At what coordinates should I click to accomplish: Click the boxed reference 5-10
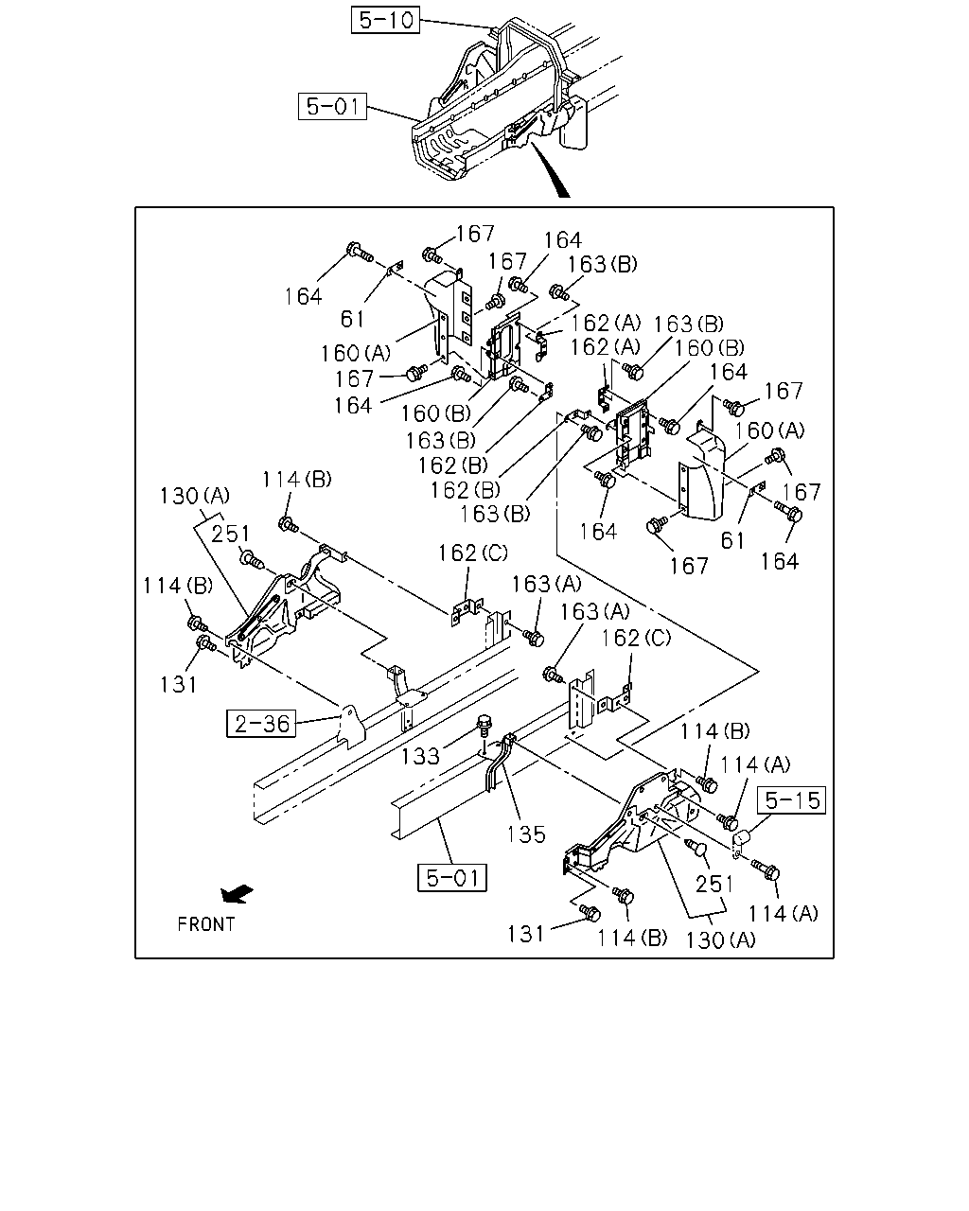[x=385, y=20]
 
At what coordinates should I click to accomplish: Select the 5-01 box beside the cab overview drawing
[x=332, y=106]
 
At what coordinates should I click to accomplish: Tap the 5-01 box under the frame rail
[x=451, y=877]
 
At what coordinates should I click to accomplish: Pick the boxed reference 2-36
[x=261, y=723]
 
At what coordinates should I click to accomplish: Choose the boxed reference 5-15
[x=791, y=799]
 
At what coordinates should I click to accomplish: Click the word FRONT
[x=206, y=924]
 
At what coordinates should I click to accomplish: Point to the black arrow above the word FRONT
[x=237, y=894]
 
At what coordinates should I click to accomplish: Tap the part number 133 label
[x=420, y=756]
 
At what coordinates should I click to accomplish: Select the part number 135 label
[x=526, y=834]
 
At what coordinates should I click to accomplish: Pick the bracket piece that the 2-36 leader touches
[x=350, y=727]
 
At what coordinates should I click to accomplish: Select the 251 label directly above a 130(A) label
[x=714, y=884]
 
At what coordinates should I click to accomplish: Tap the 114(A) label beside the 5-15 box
[x=755, y=764]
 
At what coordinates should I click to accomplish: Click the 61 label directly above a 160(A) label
[x=352, y=319]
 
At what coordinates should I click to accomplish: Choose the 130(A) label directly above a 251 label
[x=195, y=496]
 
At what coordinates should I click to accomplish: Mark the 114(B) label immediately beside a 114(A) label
[x=715, y=731]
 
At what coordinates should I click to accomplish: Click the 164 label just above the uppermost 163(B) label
[x=562, y=240]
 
